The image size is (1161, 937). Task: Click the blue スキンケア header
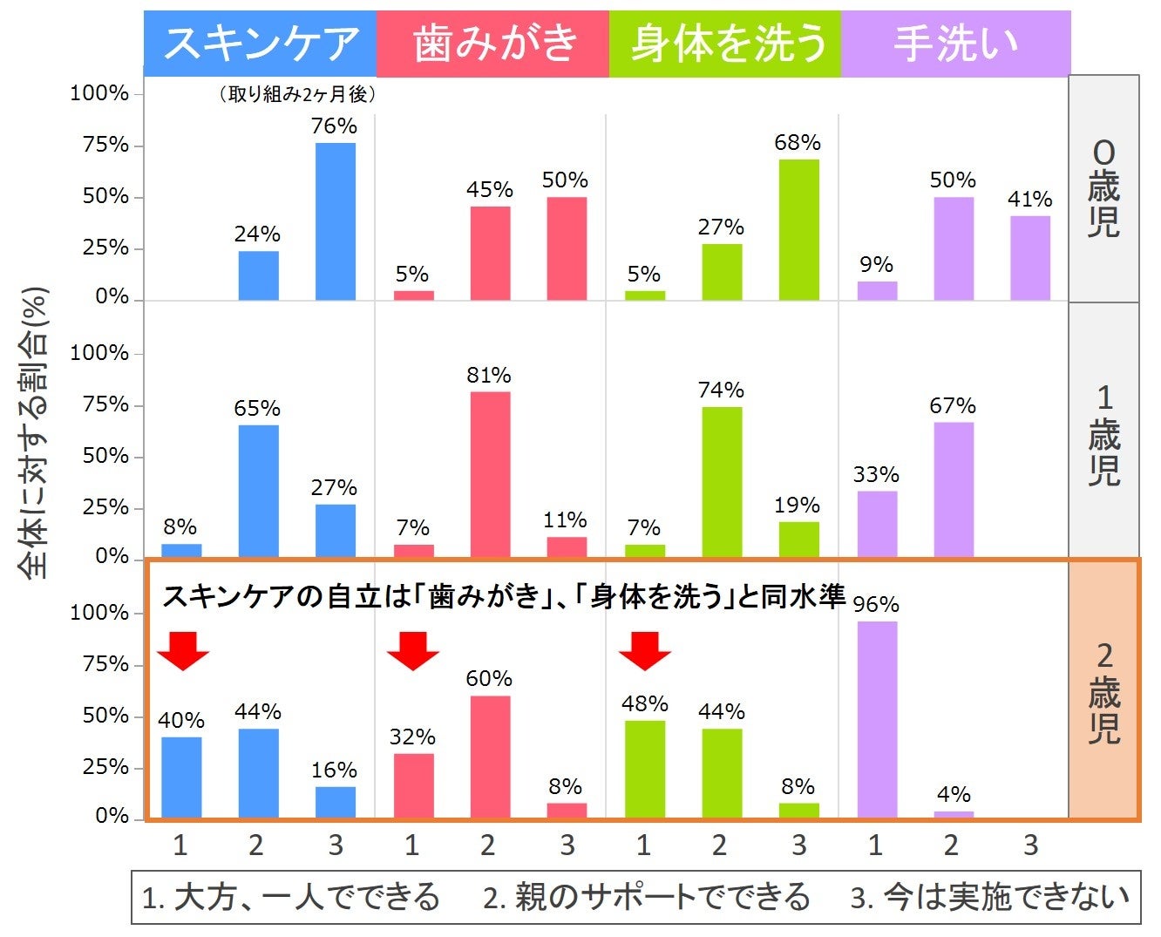click(x=260, y=44)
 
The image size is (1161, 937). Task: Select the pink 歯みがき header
click(x=492, y=44)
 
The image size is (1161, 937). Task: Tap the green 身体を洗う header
click(x=725, y=44)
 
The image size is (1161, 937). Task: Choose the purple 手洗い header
click(x=955, y=44)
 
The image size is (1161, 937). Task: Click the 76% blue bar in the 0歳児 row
click(x=335, y=222)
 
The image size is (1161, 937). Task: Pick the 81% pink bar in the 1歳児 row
click(x=490, y=474)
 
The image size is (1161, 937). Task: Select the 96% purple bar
click(x=876, y=719)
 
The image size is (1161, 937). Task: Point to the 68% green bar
click(x=798, y=230)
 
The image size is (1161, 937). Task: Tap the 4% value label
click(x=954, y=794)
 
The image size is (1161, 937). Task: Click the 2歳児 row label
click(x=1103, y=692)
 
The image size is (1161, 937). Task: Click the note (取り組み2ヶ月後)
click(x=296, y=94)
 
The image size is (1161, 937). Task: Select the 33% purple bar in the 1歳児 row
click(x=876, y=524)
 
